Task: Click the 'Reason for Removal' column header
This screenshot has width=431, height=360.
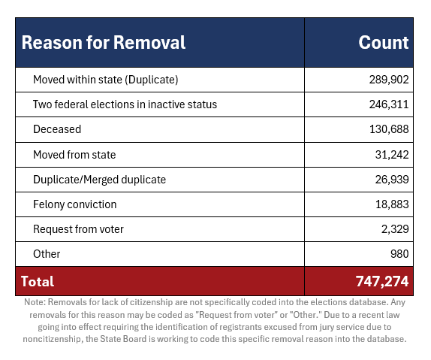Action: click(x=104, y=43)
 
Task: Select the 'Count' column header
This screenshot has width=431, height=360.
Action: click(x=384, y=43)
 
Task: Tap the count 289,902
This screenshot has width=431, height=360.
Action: click(x=389, y=80)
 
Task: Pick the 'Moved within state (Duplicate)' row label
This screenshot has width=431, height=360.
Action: click(x=106, y=80)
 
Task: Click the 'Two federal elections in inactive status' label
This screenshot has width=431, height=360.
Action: click(x=125, y=104)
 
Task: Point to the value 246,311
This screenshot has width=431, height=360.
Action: click(x=389, y=104)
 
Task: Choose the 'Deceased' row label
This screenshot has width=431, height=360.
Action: click(x=57, y=129)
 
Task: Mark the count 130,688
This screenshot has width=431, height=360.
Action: click(x=389, y=129)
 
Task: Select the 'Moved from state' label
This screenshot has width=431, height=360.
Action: click(x=74, y=155)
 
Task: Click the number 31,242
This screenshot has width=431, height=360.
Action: click(x=392, y=155)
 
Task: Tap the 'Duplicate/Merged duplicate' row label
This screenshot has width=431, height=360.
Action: click(x=100, y=180)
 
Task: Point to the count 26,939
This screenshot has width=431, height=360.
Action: click(x=392, y=180)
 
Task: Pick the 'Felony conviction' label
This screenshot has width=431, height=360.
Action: click(x=75, y=204)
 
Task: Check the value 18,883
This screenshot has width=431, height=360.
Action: click(x=392, y=204)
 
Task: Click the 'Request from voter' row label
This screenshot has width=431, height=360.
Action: click(x=78, y=229)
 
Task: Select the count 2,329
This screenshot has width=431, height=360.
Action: click(x=395, y=229)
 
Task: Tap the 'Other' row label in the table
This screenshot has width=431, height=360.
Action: click(x=47, y=254)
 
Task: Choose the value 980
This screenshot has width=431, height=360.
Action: click(x=399, y=254)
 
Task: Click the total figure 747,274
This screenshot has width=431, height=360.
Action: click(x=382, y=282)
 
